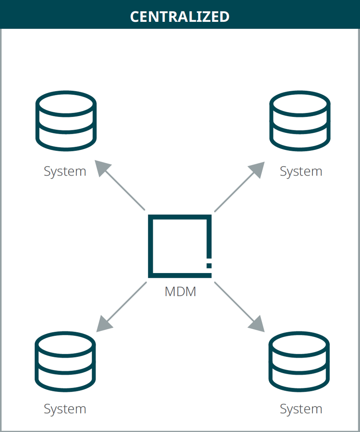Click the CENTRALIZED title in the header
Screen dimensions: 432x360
pos(180,17)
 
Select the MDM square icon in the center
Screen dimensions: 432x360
pos(180,246)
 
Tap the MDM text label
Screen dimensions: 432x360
pos(180,292)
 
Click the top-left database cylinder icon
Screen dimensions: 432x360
pos(66,121)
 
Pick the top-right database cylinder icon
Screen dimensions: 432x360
pos(300,121)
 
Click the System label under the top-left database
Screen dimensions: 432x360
pos(65,171)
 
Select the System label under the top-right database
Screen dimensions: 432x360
pos(301,171)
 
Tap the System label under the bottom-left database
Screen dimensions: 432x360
pos(65,409)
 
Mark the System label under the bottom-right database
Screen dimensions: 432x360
pos(301,409)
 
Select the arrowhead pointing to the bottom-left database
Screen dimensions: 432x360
pos(103,324)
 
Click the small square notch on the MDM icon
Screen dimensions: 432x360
pos(209,266)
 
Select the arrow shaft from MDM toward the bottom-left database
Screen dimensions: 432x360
pos(126,302)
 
